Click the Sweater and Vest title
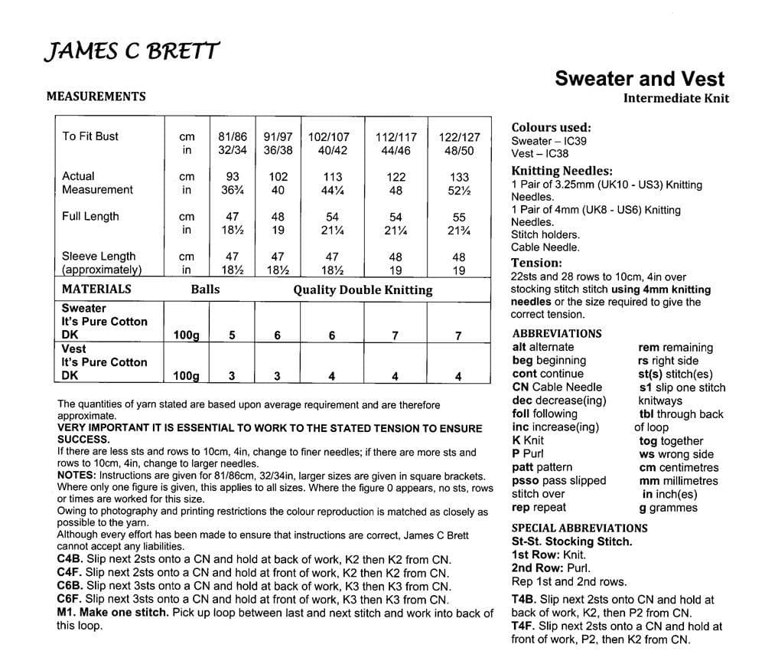coord(639,78)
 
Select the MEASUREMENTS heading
coord(96,97)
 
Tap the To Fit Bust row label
coord(90,136)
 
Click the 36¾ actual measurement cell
coord(232,190)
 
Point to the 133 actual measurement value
coord(459,177)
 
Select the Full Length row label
coord(90,217)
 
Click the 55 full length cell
coord(459,218)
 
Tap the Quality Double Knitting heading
coord(363,290)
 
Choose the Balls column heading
coord(205,290)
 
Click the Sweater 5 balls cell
coord(232,335)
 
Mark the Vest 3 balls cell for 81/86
coord(232,376)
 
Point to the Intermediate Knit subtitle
coord(675,98)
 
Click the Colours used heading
coord(551,128)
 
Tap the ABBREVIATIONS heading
coord(557,334)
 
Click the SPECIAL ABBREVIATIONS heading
coord(579,528)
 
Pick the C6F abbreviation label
coord(70,600)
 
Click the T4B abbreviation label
coord(526,600)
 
